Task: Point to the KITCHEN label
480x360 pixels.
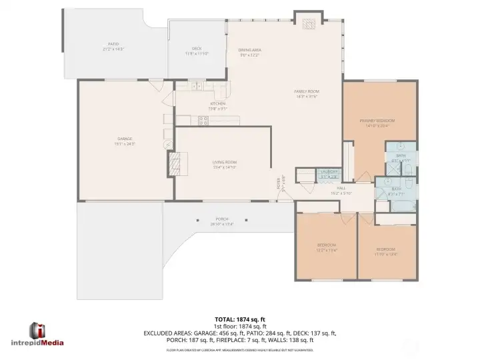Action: tap(218, 105)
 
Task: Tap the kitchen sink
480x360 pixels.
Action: tap(198, 86)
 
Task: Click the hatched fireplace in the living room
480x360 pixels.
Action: tap(173, 163)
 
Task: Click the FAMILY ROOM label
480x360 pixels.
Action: tap(307, 92)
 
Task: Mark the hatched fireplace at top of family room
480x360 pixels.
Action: tap(309, 24)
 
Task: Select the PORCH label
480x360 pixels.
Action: tap(221, 220)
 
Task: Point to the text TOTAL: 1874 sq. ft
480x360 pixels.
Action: tap(239, 319)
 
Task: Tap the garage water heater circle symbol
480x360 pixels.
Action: tap(167, 144)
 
